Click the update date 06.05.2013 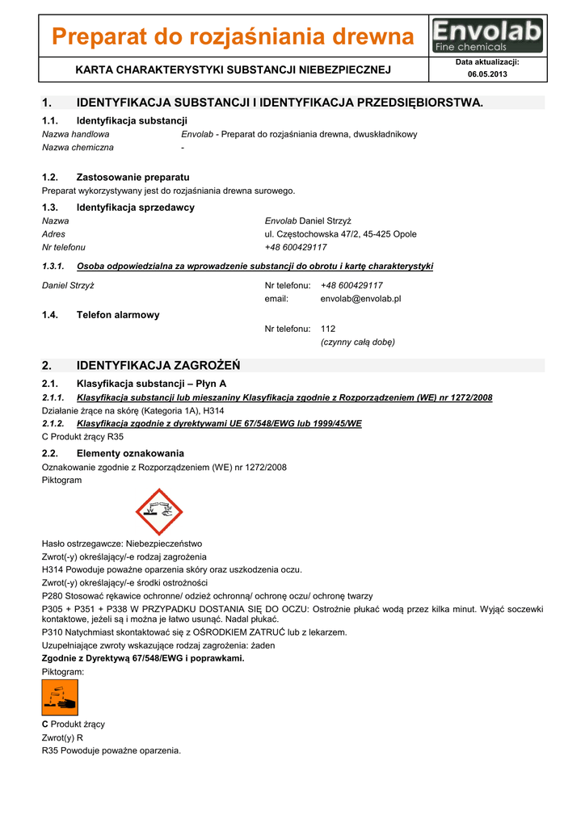487,74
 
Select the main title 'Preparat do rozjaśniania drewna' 233,37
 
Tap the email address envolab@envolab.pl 360,299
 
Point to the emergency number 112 327,329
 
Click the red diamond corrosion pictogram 159,512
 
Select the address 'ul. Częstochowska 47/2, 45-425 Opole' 340,234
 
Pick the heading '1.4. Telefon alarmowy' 100,315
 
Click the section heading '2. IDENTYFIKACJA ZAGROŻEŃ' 141,366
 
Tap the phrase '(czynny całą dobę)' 357,342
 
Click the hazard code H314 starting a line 53,569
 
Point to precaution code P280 53,596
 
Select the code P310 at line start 53,632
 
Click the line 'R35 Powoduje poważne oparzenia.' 111,751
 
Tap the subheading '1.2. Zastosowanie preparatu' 116,177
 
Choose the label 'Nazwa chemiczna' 78,148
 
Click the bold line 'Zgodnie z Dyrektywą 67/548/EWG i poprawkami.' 142,658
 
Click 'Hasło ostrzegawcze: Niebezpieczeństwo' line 121,544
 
